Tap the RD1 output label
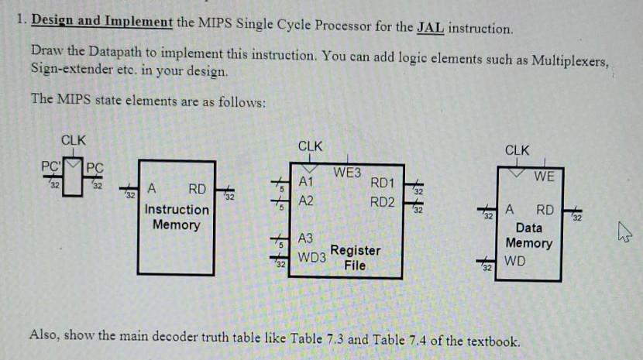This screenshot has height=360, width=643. (x=383, y=183)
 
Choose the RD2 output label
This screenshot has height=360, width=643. (x=383, y=202)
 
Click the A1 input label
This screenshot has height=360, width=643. (x=306, y=183)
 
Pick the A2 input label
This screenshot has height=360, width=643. (x=306, y=201)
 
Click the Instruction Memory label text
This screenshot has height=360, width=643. (x=177, y=217)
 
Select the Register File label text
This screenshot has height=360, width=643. (x=355, y=258)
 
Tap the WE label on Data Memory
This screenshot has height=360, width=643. (x=544, y=177)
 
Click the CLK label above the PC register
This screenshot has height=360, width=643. (x=74, y=140)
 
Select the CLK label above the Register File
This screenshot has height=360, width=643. (x=311, y=146)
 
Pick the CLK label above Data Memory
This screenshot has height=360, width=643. (x=517, y=149)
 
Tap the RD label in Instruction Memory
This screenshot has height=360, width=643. (x=197, y=189)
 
